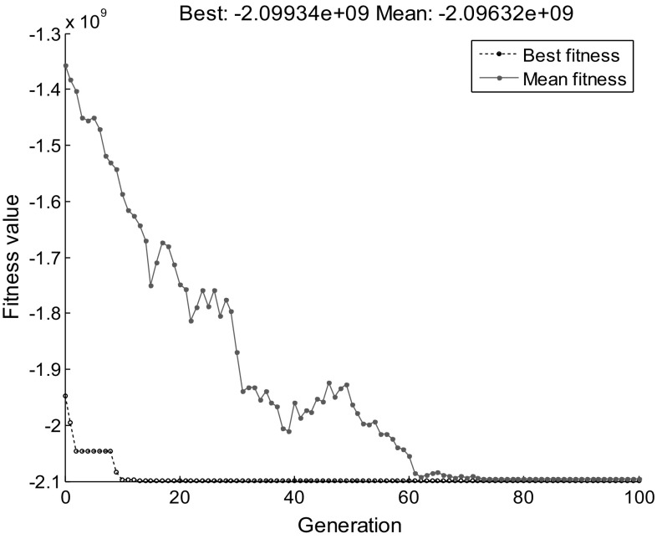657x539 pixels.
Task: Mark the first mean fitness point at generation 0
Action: tap(65, 65)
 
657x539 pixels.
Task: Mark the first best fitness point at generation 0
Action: tap(65, 396)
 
